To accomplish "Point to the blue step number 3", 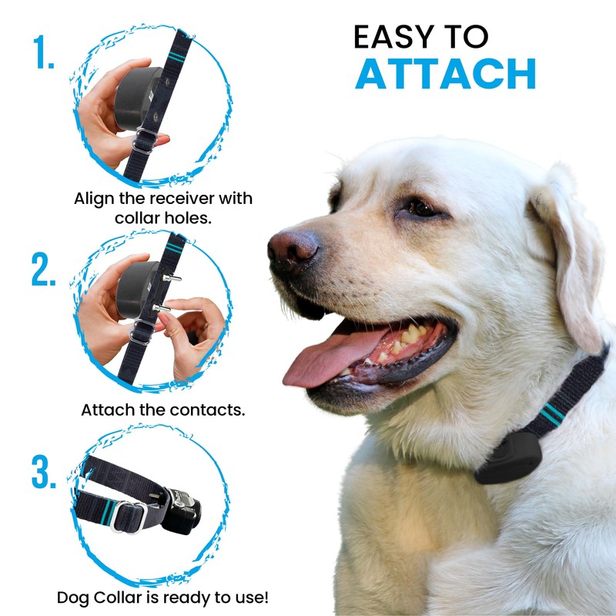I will point(44,472).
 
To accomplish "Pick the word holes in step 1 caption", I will point(190,218).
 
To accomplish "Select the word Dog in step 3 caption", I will point(72,597).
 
